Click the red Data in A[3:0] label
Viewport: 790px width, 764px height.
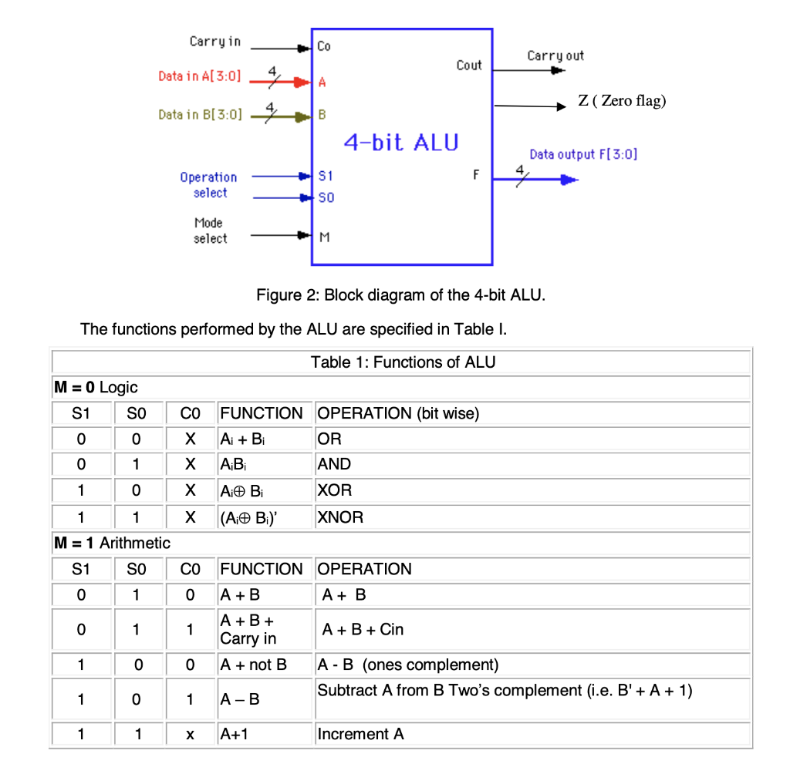[199, 76]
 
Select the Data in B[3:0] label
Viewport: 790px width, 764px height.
[200, 115]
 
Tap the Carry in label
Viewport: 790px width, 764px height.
[214, 41]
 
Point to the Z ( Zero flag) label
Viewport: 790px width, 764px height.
[622, 101]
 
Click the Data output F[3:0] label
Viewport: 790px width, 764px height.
[583, 154]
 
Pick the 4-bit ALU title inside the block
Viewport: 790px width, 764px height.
[401, 142]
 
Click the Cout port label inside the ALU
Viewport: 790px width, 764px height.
[468, 66]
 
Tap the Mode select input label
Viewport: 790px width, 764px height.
[210, 231]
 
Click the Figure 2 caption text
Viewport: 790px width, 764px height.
[400, 295]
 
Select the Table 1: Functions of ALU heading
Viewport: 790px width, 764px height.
[403, 362]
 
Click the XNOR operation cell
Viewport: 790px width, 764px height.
[340, 517]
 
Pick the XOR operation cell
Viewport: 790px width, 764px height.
[335, 491]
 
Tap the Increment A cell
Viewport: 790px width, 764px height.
[360, 734]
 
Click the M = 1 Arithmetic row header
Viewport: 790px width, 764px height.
[111, 543]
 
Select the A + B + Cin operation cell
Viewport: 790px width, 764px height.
[363, 630]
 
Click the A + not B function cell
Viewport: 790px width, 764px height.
[253, 664]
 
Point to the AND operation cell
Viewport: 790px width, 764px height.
[334, 465]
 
